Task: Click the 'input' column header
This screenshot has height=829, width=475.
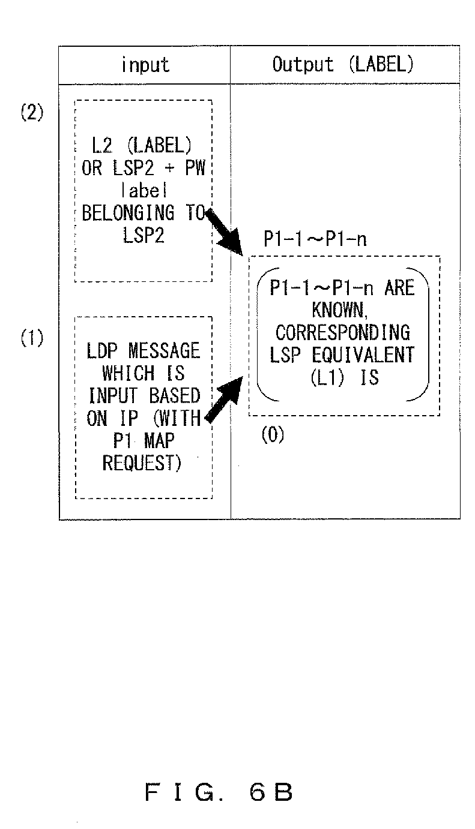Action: coord(145,65)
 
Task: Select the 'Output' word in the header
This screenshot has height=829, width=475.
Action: coord(303,64)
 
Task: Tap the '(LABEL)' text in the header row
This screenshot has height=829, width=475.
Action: coord(381,64)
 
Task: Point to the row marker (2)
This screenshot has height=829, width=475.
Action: coord(32,112)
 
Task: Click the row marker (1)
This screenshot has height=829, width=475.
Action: coord(32,338)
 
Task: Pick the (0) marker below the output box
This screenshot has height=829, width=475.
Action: coord(273,434)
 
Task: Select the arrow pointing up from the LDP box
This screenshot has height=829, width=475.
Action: coord(224,400)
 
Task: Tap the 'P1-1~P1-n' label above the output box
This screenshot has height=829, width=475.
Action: coord(315,239)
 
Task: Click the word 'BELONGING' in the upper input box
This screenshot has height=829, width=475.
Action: coord(128,213)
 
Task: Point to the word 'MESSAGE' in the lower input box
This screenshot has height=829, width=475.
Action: coord(164,350)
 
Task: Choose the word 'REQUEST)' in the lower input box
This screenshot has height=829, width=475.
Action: coord(142,463)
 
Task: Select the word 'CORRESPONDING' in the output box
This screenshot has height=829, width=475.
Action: coord(343,332)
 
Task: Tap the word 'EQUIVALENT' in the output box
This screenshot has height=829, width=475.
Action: coord(363,355)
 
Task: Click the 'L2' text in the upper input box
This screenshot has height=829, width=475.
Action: coord(102,145)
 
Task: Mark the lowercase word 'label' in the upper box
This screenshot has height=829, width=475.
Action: coord(145,190)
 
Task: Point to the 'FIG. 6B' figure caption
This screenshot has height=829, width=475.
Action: coord(219,792)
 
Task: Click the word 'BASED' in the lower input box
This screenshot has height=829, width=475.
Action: coord(175,396)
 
